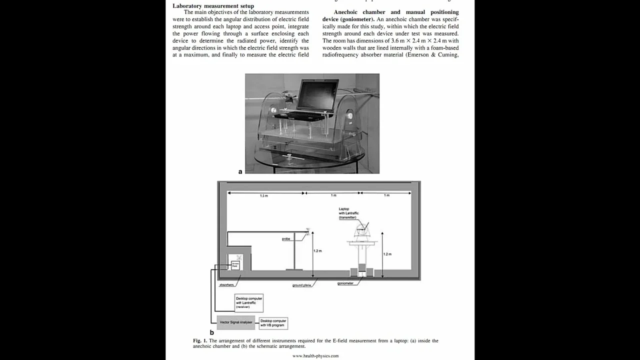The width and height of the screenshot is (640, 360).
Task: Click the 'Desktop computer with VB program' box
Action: [x=273, y=323]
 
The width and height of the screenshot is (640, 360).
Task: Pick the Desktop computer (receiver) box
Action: [x=249, y=303]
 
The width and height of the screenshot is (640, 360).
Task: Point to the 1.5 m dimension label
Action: [x=263, y=196]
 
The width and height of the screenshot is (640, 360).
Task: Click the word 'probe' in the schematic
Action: [x=286, y=239]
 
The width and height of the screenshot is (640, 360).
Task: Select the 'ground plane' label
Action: [x=301, y=285]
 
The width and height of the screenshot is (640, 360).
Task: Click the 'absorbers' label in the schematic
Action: [x=226, y=284]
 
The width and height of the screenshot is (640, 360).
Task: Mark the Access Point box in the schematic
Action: [x=235, y=265]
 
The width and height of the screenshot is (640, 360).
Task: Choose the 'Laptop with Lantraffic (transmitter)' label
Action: [x=346, y=213]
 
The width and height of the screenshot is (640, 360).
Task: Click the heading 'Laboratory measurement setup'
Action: [x=213, y=6]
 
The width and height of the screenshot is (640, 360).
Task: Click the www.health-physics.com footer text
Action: [x=315, y=356]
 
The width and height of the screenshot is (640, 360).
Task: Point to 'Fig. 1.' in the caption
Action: [x=200, y=340]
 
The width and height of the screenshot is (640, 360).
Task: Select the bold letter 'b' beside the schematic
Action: [x=212, y=332]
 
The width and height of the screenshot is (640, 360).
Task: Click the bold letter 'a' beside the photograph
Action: [x=240, y=171]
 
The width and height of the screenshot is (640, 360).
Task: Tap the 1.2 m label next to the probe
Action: [x=317, y=250]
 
